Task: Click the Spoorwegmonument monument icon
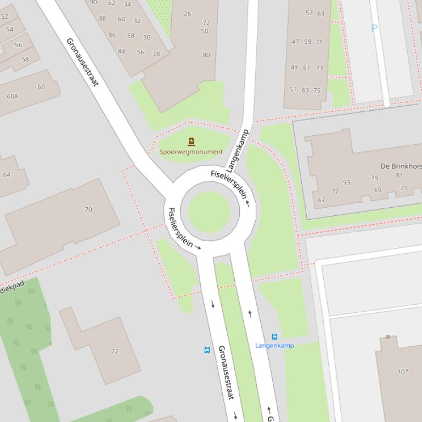click(x=192, y=142)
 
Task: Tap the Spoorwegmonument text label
click(x=191, y=152)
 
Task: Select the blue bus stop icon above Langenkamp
click(x=274, y=337)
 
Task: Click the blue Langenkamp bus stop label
click(x=274, y=345)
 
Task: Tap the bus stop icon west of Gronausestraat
click(x=207, y=350)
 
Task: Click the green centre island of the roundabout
click(x=209, y=212)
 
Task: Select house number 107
click(x=403, y=372)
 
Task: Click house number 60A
click(x=12, y=96)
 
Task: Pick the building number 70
click(x=88, y=209)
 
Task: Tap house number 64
click(x=7, y=175)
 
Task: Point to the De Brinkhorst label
click(x=401, y=166)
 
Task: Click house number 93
click(x=346, y=183)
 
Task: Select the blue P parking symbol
click(x=374, y=28)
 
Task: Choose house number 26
click(x=187, y=14)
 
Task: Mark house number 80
click(x=206, y=55)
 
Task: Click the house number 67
click(x=322, y=200)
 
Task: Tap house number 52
click(x=5, y=16)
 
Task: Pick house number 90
click(x=93, y=3)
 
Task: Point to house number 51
click(x=293, y=89)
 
